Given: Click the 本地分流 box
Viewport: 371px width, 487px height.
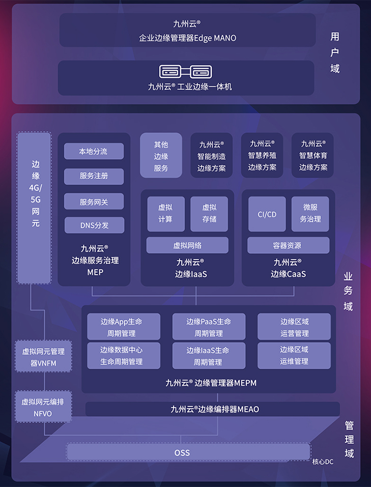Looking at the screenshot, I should pyautogui.click(x=94, y=151).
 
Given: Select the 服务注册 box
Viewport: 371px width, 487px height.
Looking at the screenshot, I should pyautogui.click(x=94, y=176).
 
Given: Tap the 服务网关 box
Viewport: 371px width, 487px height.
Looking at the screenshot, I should pyautogui.click(x=94, y=202).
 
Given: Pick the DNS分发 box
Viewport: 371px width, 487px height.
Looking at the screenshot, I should pyautogui.click(x=94, y=225).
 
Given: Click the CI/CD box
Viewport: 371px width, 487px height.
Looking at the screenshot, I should pyautogui.click(x=267, y=214).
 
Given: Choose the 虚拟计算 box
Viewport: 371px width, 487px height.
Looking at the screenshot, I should pyautogui.click(x=165, y=214).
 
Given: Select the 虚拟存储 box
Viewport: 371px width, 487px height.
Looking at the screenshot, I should pyautogui.click(x=209, y=214).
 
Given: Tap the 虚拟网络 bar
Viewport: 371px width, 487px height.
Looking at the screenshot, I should pyautogui.click(x=187, y=245).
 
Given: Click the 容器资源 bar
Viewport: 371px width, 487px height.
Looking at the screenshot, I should pyautogui.click(x=288, y=245).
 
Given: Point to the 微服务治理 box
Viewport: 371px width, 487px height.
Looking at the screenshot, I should pyautogui.click(x=310, y=214).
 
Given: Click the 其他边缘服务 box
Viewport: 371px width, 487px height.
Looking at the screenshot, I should pyautogui.click(x=161, y=156).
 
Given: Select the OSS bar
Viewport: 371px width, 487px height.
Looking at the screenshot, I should pyautogui.click(x=188, y=452).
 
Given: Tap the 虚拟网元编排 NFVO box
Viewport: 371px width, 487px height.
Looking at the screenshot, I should pyautogui.click(x=43, y=407).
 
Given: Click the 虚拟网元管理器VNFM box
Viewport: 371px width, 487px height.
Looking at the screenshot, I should pyautogui.click(x=43, y=357).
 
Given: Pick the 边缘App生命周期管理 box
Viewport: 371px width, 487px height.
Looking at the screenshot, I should pyautogui.click(x=123, y=327).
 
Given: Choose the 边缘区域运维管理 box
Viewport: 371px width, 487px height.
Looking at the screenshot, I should pyautogui.click(x=294, y=355).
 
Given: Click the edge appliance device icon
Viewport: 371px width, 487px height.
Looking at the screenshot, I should pyautogui.click(x=186, y=72).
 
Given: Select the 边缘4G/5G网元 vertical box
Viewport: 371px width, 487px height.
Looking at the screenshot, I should pyautogui.click(x=35, y=208).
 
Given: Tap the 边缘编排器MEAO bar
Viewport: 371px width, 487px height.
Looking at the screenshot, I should pyautogui.click(x=212, y=409).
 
